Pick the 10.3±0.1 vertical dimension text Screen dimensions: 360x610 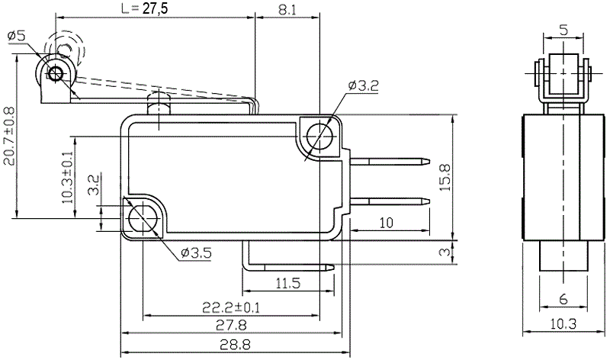68,177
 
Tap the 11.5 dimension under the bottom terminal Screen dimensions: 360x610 287,283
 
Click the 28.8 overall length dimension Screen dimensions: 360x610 230,346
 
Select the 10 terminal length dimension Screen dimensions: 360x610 386,223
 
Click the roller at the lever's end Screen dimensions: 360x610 55,73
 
